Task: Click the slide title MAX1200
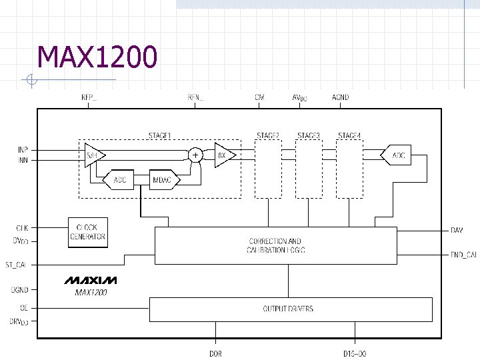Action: coord(98,58)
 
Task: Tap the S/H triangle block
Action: coord(92,155)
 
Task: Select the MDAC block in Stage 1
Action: coord(162,180)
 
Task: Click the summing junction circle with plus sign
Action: coord(195,155)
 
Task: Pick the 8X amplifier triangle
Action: coord(223,155)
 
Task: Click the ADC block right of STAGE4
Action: coord(398,155)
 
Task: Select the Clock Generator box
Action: coord(87,232)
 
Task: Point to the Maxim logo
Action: coord(91,279)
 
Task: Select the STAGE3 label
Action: coord(309,135)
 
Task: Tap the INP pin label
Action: coord(23,149)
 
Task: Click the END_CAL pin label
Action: coord(463,255)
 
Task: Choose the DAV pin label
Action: coord(457,230)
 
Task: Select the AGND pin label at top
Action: coord(340,97)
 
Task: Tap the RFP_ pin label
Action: coord(89,97)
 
